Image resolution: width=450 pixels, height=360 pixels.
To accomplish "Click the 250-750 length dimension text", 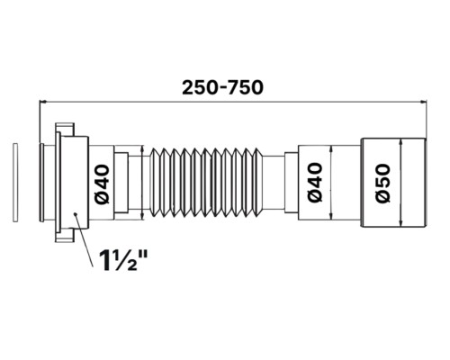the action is tap(222, 88).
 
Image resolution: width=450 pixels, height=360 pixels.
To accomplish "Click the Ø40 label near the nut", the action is tap(101, 184).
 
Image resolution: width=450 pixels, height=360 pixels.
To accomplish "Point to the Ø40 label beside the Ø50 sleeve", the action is tap(315, 183).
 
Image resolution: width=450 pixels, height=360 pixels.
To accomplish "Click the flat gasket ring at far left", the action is tap(15, 183).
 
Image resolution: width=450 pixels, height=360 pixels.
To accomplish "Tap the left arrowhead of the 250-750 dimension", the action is tap(42, 102).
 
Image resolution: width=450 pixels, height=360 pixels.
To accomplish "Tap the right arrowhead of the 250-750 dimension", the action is tap(424, 102).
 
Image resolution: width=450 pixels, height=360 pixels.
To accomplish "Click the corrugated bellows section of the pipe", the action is tap(206, 182).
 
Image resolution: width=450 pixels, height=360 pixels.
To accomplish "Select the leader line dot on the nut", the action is tap(76, 214).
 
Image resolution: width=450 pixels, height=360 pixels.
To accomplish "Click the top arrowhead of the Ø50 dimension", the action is tap(401, 143).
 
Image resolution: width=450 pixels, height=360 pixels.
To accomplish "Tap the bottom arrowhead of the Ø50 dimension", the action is tap(401, 223).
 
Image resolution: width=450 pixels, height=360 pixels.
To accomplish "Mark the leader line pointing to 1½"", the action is tap(84, 240).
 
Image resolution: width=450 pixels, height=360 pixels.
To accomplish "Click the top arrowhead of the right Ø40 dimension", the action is tap(331, 149).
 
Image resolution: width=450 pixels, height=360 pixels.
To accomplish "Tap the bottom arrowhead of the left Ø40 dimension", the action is tap(142, 216).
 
